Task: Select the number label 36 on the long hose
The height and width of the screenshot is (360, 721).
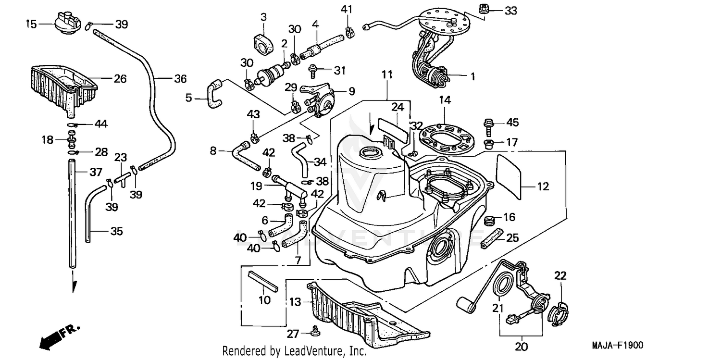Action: click(180, 79)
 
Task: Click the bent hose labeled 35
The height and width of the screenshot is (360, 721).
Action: click(91, 211)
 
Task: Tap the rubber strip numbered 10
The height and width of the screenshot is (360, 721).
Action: click(263, 281)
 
